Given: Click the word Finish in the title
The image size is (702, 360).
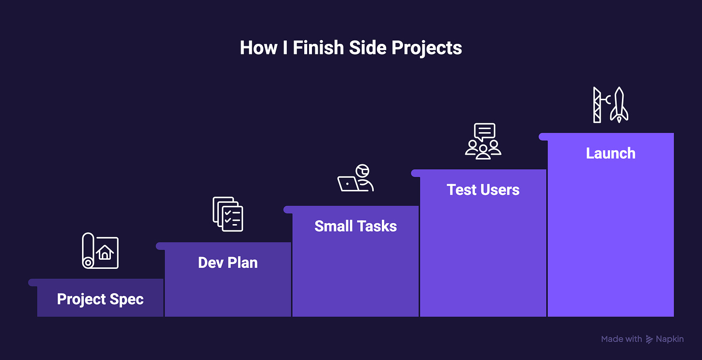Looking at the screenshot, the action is [318, 48].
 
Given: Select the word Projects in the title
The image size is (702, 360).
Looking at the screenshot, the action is [427, 49].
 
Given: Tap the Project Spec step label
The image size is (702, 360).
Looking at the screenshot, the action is [100, 300].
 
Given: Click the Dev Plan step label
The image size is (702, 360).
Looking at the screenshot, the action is [228, 263].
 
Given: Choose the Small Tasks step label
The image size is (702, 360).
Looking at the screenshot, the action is [356, 226].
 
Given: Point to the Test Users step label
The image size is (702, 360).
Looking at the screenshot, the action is [483, 190].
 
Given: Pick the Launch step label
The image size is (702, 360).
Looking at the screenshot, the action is [611, 154].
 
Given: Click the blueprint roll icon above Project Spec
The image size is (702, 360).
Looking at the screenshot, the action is [100, 251].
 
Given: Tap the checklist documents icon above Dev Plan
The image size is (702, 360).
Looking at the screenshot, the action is [228, 214].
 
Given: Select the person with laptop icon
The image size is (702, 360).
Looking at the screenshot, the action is [356, 178].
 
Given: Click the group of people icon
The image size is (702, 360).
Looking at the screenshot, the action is [483, 150].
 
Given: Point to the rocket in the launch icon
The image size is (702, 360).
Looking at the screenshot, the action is [619, 105].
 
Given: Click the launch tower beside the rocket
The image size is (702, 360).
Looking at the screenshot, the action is [597, 105].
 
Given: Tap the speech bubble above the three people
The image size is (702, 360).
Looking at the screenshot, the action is [485, 132].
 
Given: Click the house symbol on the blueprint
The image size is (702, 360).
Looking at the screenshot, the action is [105, 253].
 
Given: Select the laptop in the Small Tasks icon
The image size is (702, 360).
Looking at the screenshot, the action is [348, 184].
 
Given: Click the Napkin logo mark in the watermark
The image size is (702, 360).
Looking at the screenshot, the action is [649, 339].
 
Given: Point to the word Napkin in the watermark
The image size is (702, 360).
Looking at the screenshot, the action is [670, 339].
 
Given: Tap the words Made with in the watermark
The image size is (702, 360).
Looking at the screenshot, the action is [621, 339].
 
